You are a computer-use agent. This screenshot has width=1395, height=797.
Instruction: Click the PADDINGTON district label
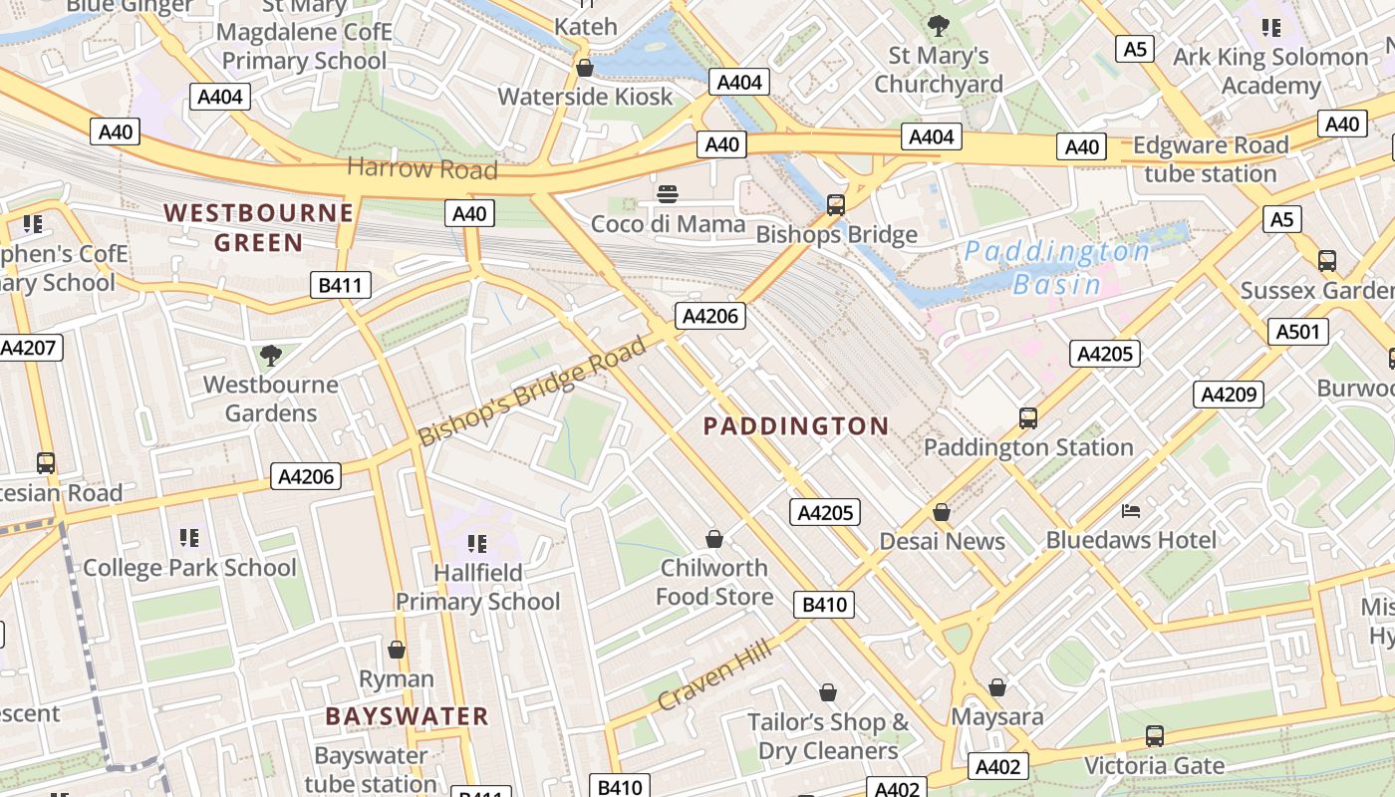795,426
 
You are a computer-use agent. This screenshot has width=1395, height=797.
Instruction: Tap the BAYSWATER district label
407,716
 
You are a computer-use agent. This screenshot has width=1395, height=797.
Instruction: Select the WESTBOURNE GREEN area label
258,227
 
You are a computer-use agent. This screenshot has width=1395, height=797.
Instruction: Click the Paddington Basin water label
1057,267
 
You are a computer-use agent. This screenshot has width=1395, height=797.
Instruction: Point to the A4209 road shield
1228,395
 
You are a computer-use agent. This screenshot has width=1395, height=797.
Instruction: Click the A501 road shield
1297,332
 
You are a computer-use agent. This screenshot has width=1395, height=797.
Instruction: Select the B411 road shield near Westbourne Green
340,286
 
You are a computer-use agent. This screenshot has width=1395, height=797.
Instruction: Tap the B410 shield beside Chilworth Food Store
824,604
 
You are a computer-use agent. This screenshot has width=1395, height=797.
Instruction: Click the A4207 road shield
30,348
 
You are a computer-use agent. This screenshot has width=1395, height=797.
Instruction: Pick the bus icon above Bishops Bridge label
836,205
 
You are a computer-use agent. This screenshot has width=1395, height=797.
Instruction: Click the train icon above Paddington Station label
1028,418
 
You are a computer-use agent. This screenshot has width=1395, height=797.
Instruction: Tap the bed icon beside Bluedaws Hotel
1131,511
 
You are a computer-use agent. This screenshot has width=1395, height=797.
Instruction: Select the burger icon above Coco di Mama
668,193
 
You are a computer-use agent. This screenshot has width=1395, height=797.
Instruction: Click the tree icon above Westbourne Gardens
270,355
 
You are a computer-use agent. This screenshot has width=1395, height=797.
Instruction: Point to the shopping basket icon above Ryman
397,650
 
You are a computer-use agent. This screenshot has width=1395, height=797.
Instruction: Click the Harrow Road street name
421,168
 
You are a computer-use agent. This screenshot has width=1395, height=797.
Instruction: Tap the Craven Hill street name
714,677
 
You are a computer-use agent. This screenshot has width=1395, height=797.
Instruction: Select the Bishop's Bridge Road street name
532,393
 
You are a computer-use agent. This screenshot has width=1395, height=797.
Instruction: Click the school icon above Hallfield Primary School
477,544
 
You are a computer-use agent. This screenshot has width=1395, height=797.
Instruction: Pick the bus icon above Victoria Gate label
1154,736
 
